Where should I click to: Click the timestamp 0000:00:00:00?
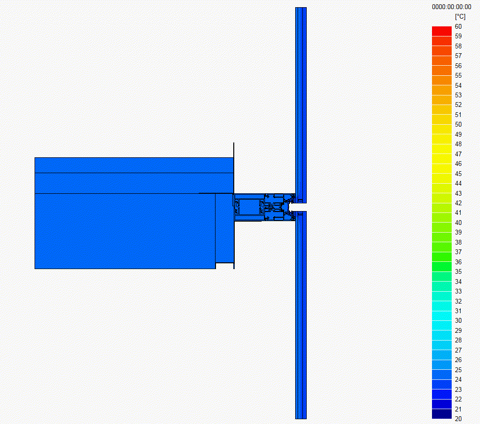tap(452, 7)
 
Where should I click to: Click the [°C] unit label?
tap(460, 16)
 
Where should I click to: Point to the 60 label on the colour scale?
tap(458, 26)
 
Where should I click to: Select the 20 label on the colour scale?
tap(458, 419)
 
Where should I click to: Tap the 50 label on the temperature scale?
tap(458, 125)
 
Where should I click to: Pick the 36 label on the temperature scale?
tap(458, 262)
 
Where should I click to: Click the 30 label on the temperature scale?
tap(458, 320)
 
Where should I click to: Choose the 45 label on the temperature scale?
tap(458, 174)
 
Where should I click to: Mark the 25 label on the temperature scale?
tap(458, 370)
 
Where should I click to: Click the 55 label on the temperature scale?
tap(458, 76)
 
